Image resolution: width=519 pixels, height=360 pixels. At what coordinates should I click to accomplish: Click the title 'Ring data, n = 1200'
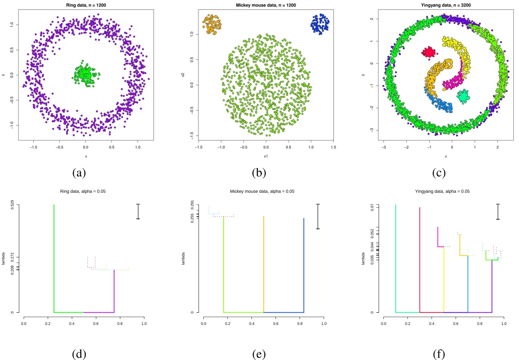click(85, 5)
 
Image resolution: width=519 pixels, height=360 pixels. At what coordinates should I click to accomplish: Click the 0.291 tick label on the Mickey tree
click(192, 205)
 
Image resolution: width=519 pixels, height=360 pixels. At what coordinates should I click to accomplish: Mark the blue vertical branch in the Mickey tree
click(304, 265)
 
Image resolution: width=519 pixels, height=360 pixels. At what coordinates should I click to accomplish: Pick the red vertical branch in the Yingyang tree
click(420, 261)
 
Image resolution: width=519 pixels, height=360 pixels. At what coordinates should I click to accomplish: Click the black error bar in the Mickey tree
click(318, 216)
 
